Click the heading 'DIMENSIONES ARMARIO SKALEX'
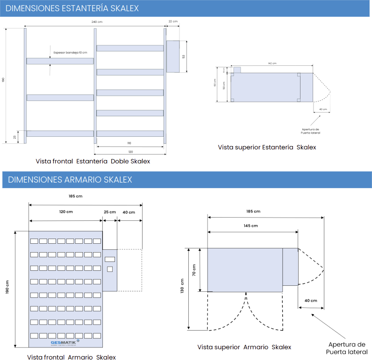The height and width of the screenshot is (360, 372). tap(70, 180)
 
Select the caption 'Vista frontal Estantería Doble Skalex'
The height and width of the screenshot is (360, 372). tap(93, 161)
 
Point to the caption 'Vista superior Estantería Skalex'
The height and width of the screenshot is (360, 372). tap(267, 147)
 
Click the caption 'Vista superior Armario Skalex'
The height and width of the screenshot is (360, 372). tap(244, 347)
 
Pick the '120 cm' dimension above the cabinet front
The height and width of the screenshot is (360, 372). tap(65, 212)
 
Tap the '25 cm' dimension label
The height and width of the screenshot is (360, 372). tap(109, 212)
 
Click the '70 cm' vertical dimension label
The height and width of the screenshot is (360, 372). tap(194, 270)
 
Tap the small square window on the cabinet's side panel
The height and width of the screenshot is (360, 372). tap(110, 268)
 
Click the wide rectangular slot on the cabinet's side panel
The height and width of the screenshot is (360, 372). tap(110, 258)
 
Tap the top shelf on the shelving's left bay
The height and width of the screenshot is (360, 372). tap(60, 61)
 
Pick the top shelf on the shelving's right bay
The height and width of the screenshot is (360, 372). tap(130, 48)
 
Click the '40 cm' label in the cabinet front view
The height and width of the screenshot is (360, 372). tap(129, 212)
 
